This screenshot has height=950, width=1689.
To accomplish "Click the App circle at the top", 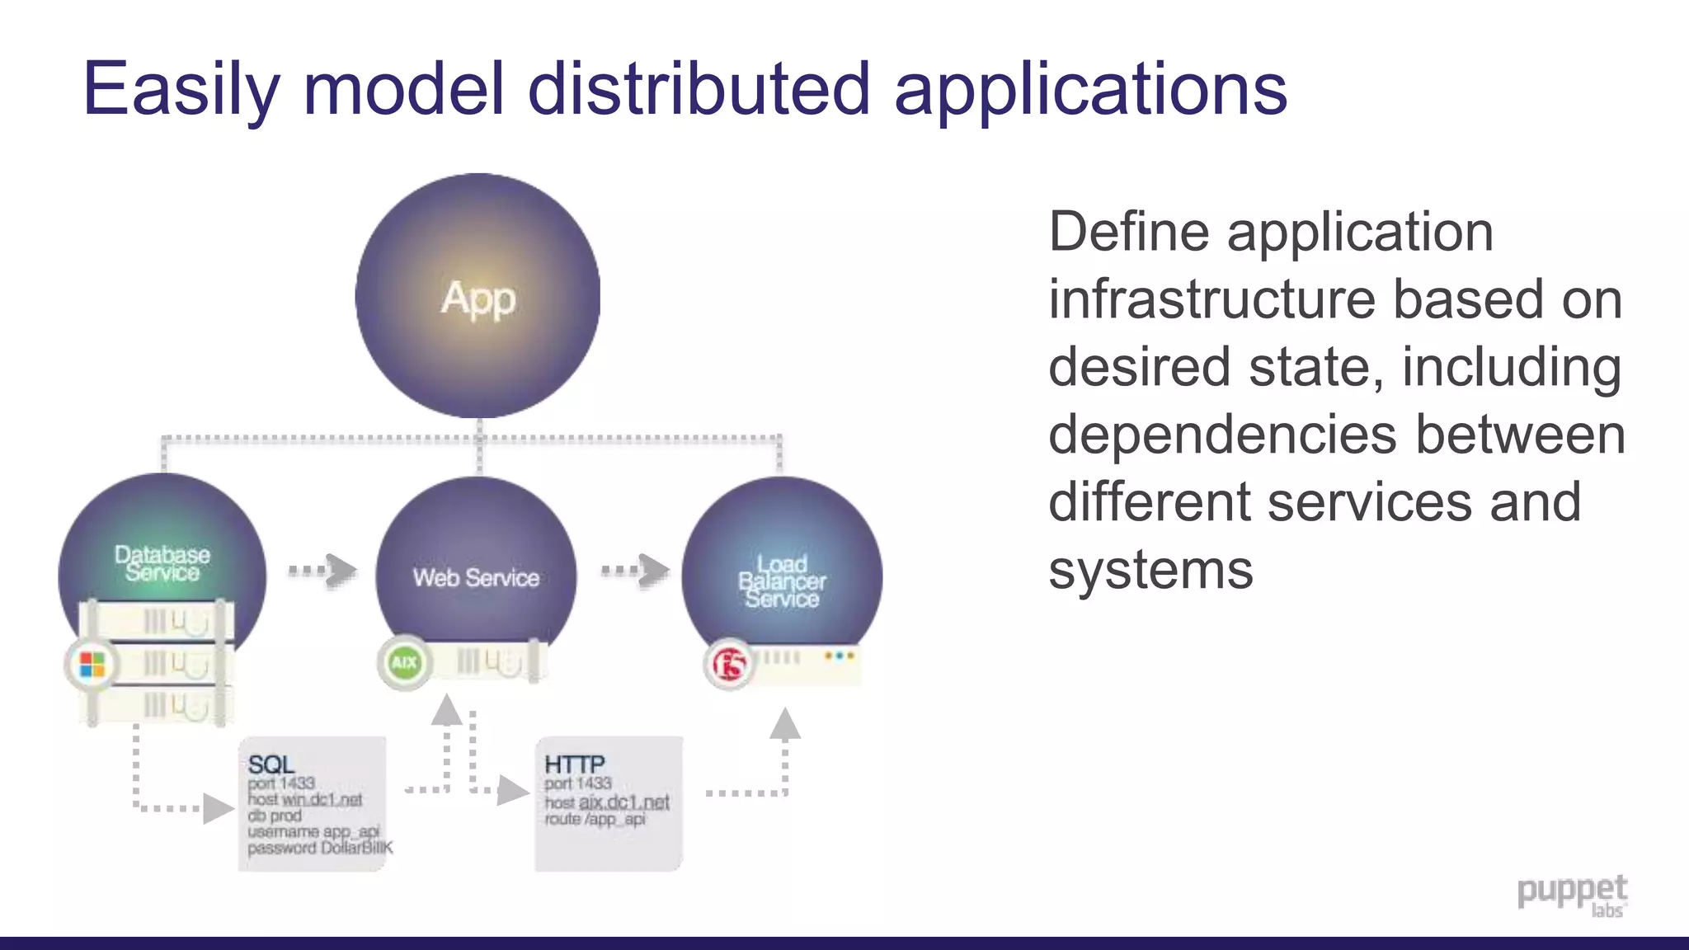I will click(x=478, y=295).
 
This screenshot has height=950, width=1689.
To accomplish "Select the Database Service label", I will click(x=162, y=563).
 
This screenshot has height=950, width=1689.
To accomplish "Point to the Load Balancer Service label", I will click(x=782, y=581).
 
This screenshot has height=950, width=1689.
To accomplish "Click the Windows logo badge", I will click(x=92, y=664).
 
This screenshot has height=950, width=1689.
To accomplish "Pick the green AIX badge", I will click(x=404, y=662).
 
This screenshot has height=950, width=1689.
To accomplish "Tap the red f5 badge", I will click(x=730, y=664).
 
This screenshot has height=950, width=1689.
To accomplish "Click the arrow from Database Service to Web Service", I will click(x=323, y=570).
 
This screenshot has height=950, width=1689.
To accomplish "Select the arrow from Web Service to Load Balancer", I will click(x=636, y=570).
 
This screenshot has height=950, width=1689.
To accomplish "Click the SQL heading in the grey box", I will click(x=271, y=764).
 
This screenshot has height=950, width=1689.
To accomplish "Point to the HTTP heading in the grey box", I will click(x=574, y=764).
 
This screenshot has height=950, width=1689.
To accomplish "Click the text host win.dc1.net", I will click(x=304, y=799).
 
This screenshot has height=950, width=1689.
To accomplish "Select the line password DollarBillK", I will click(x=319, y=848).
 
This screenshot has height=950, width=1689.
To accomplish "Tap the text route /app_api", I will click(x=595, y=819).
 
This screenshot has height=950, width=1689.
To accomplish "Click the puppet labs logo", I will click(x=1572, y=896).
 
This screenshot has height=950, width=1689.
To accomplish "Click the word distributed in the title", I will click(x=699, y=89).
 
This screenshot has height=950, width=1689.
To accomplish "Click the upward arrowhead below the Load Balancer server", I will click(x=784, y=723).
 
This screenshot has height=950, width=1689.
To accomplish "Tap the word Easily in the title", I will click(x=181, y=89).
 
